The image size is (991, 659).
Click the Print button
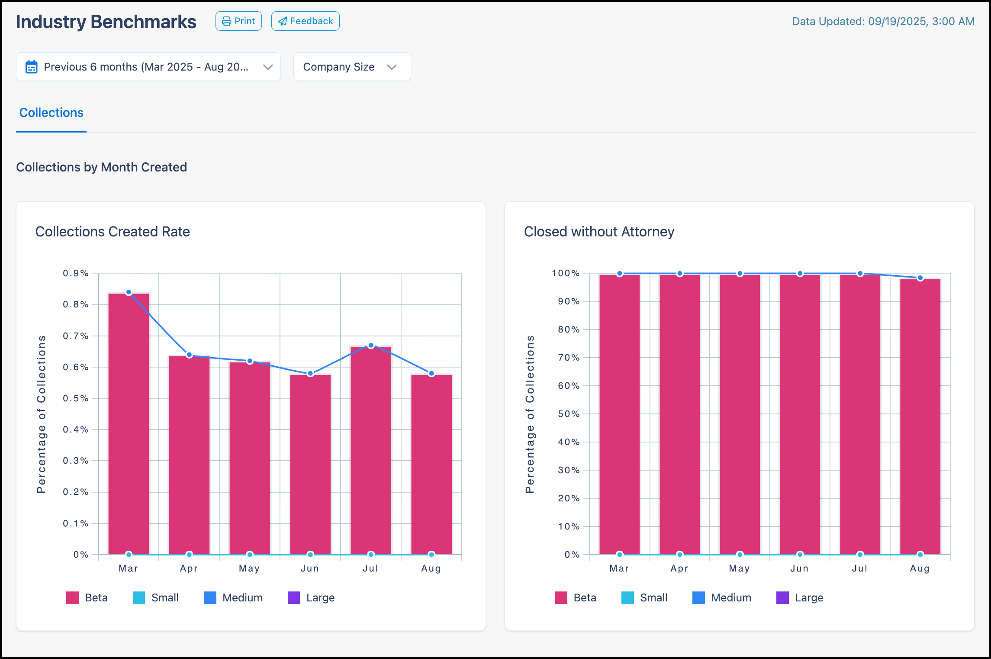tap(238, 21)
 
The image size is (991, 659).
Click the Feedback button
tap(305, 21)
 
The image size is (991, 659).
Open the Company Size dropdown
tap(351, 67)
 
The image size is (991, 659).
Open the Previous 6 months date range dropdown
tap(148, 67)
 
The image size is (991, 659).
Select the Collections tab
tap(51, 113)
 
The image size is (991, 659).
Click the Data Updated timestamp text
tap(883, 22)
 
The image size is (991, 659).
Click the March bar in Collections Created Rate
tap(129, 424)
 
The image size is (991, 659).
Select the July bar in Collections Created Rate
tap(371, 450)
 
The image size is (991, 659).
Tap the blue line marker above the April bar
tap(189, 355)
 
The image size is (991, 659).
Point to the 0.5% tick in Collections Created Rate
tap(75, 398)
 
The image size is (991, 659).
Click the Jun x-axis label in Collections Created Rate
tap(310, 569)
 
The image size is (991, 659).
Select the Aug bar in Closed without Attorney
tap(920, 416)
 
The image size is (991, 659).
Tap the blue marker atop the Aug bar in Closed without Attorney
tap(920, 278)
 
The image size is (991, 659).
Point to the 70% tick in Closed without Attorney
tap(568, 358)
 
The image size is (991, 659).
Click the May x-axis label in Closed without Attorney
tap(739, 569)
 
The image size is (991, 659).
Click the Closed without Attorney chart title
tap(599, 232)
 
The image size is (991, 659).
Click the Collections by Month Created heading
tap(102, 167)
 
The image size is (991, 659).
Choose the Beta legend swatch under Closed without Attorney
tap(561, 598)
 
